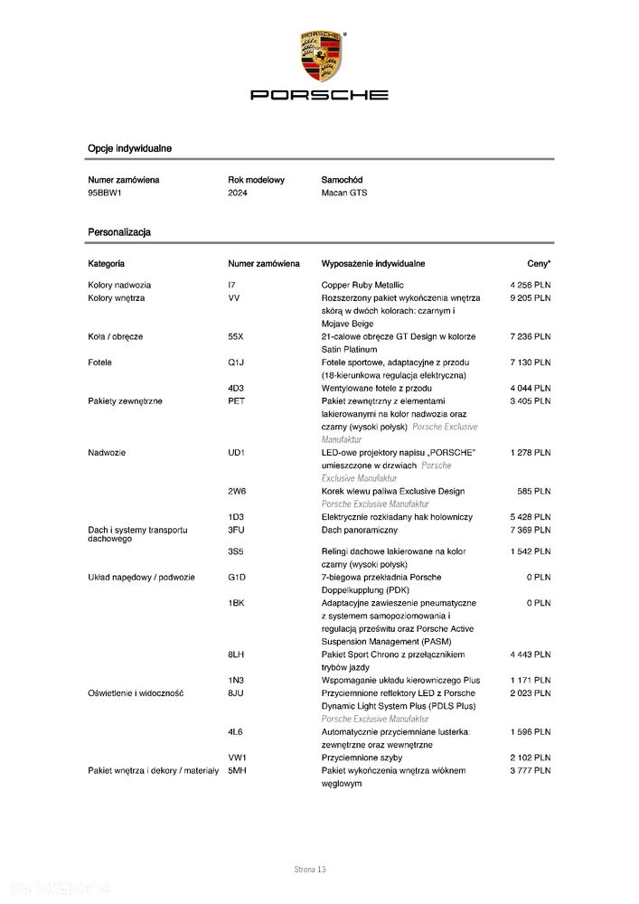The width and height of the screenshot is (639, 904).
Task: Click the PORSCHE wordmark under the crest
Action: [319, 95]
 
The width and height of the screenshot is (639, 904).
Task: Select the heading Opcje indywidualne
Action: [130, 147]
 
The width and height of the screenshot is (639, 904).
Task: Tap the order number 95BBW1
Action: [105, 193]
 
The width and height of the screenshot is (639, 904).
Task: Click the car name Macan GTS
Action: [344, 193]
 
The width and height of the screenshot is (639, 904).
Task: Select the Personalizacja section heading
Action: [119, 232]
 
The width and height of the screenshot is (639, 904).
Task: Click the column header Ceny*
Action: [539, 264]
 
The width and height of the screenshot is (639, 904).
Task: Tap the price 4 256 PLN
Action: [530, 286]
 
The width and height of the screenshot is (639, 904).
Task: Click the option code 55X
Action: [236, 336]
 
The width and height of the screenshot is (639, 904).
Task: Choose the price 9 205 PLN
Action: [530, 297]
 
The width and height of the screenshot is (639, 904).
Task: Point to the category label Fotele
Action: [100, 363]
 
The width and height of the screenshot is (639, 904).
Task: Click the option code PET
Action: [237, 400]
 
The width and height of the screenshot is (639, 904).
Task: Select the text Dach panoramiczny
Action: [361, 529]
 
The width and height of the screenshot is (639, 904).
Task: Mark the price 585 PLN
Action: [534, 491]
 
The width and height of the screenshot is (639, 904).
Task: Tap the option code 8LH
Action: [237, 654]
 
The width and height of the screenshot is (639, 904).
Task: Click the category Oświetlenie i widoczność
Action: [136, 692]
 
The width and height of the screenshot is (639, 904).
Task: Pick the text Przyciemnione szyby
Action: [362, 757]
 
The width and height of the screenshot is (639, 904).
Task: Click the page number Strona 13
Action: [309, 870]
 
